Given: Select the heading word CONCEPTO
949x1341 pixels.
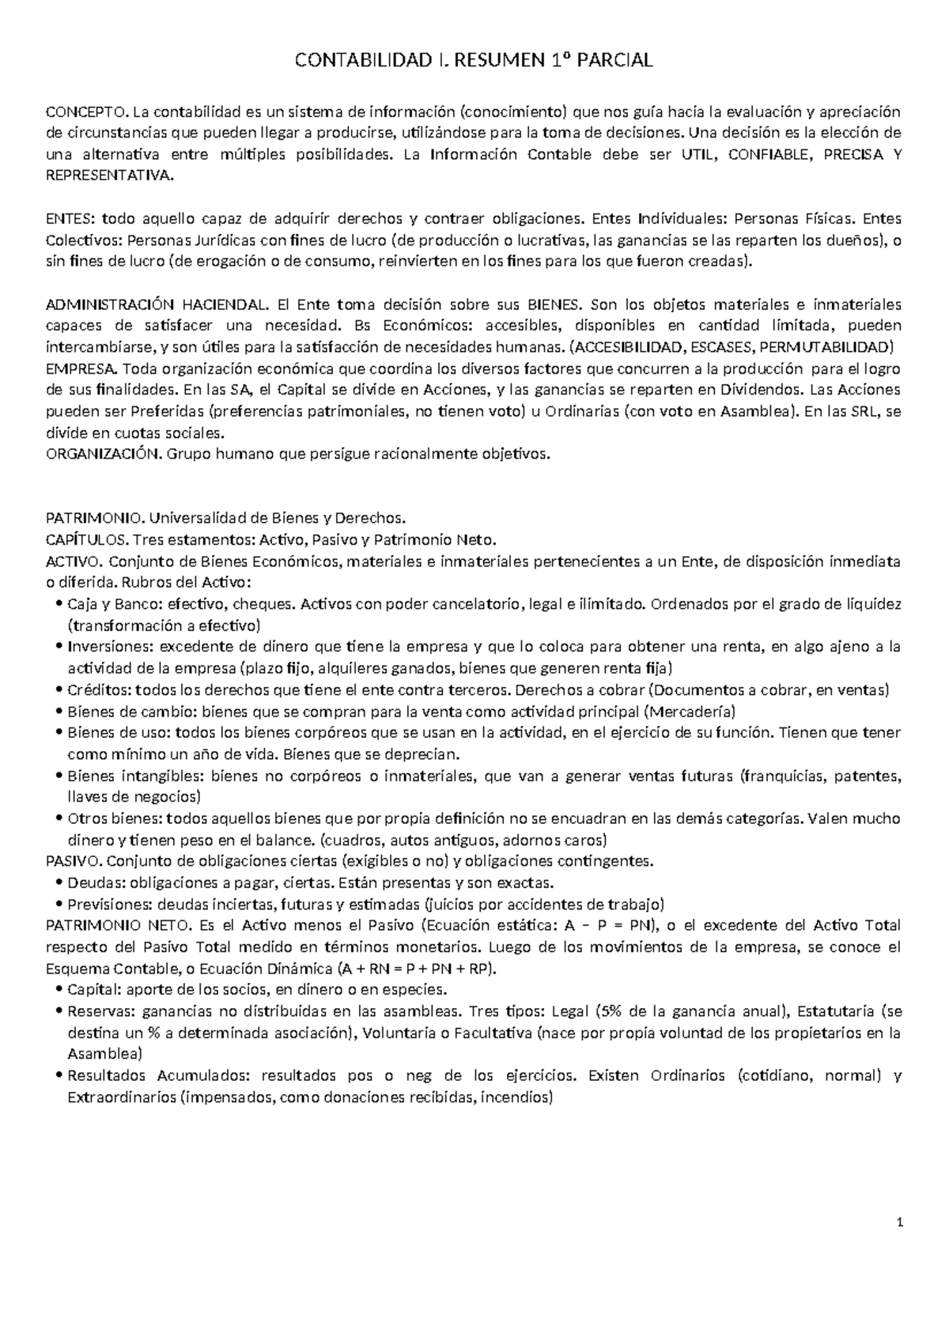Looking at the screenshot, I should (85, 111).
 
